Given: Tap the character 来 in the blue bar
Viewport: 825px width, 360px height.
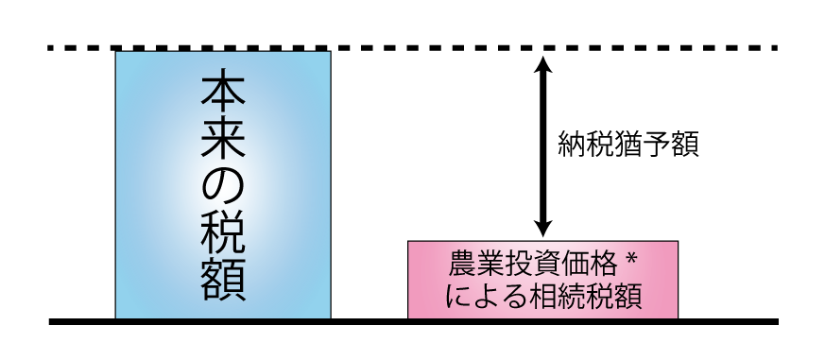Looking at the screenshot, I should [x=223, y=140].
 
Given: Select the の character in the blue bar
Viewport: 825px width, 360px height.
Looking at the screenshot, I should [x=223, y=186].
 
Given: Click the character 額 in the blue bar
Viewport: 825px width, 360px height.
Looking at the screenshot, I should [x=223, y=279].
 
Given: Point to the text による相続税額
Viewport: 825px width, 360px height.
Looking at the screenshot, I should [x=542, y=297].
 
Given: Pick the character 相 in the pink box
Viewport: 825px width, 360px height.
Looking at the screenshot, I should [x=542, y=297].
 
